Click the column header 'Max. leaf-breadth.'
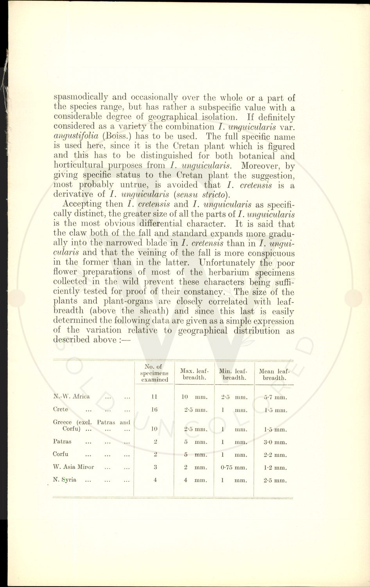tap(194, 374)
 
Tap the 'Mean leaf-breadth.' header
tap(274, 374)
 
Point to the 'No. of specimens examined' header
tap(154, 373)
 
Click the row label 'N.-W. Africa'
tap(71, 396)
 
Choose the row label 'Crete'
tap(61, 409)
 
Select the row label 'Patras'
tap(62, 441)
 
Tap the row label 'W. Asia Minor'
tap(73, 467)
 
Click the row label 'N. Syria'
tap(65, 480)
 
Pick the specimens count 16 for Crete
tap(154, 410)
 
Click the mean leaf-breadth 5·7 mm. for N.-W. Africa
tap(275, 397)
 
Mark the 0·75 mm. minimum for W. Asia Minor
tap(234, 467)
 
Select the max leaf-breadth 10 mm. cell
tap(194, 397)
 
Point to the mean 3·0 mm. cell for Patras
tap(275, 442)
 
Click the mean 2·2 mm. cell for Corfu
tap(275, 455)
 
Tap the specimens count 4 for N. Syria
tap(155, 480)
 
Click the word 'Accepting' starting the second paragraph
tap(82, 204)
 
